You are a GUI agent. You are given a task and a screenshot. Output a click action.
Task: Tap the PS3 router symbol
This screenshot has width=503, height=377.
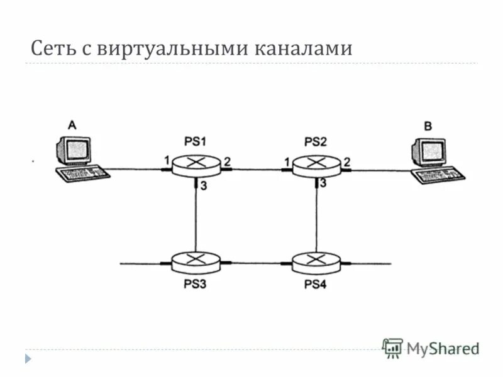pos(196,261)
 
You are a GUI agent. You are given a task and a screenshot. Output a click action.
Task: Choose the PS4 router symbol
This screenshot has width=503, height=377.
pos(316,261)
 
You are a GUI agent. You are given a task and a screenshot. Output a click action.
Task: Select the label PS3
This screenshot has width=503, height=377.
pos(194,283)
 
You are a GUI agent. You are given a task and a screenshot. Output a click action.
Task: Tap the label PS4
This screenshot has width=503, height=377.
pos(316,283)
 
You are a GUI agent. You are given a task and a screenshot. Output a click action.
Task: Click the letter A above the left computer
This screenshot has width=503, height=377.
pos(72,126)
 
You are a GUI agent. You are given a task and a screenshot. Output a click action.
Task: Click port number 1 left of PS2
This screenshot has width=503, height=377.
pos(287,162)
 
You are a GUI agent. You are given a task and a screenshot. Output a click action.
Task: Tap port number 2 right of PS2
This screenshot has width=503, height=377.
pos(346,161)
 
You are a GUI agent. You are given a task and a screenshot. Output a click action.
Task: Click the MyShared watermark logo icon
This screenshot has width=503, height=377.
pos(393,348)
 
